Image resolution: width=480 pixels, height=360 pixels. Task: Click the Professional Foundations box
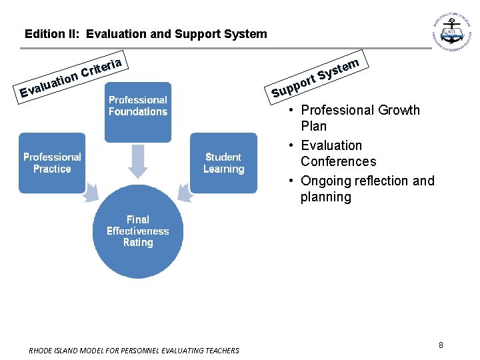pyautogui.click(x=138, y=112)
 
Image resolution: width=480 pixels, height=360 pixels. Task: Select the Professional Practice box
pyautogui.click(x=52, y=163)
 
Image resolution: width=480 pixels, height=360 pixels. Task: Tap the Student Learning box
pyautogui.click(x=223, y=163)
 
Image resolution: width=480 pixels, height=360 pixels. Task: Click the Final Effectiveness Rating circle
pyautogui.click(x=138, y=231)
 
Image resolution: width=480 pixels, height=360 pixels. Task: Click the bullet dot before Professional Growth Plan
pyautogui.click(x=293, y=110)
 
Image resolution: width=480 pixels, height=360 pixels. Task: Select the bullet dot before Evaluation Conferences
pyautogui.click(x=293, y=145)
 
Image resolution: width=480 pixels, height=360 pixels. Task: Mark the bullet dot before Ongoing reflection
pyautogui.click(x=293, y=181)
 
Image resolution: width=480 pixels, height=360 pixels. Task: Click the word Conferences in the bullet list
pyautogui.click(x=338, y=161)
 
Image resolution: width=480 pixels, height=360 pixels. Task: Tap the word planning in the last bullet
pyautogui.click(x=326, y=197)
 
